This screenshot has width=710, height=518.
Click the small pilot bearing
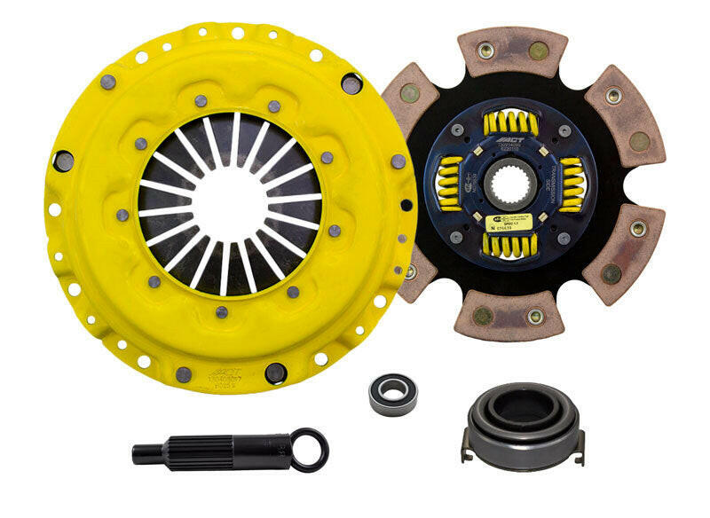click(x=392, y=390)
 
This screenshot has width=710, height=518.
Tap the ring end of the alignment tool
click(x=312, y=449)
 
